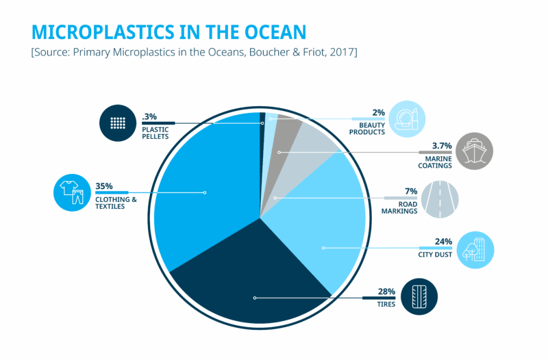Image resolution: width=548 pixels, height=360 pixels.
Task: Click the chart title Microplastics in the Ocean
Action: [x=169, y=32]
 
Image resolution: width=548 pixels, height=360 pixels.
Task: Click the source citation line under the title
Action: [x=194, y=53]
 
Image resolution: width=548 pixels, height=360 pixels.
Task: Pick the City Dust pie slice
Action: [x=322, y=233]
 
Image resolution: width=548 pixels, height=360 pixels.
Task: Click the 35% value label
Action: [x=104, y=185]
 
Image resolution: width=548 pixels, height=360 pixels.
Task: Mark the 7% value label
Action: [x=411, y=191]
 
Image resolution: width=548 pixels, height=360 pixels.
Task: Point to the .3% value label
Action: [x=149, y=116]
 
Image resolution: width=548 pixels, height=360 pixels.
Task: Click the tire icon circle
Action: [x=419, y=297]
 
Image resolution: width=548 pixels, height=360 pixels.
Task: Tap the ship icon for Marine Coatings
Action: [x=474, y=151]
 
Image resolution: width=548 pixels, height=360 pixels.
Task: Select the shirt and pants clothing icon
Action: [x=72, y=192]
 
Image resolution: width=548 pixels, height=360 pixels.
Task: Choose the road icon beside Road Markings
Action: [x=439, y=199]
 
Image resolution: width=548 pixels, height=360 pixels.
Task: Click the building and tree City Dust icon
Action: [x=475, y=250]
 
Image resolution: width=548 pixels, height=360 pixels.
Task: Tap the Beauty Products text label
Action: [x=367, y=129]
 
